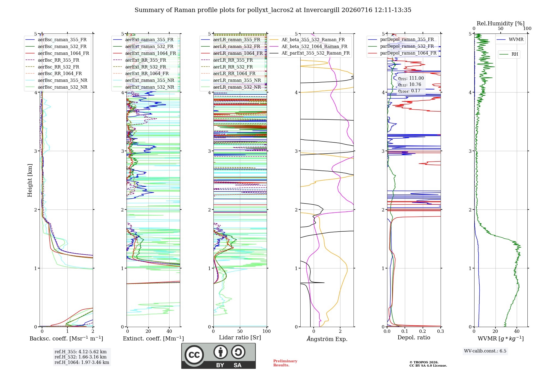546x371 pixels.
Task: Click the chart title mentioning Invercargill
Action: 273,10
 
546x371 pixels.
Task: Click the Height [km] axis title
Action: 30,180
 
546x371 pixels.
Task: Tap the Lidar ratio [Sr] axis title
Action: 240,337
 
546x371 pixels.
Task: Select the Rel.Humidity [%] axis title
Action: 501,23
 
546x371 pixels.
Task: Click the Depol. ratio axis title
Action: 414,337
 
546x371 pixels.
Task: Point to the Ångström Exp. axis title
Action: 327,339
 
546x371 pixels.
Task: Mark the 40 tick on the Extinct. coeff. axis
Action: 169,331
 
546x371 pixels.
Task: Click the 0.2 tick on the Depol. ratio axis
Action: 423,331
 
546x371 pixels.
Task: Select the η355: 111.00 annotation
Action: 411,78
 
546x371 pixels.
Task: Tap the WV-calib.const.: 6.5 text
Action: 485,351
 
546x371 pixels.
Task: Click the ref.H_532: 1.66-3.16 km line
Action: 81,357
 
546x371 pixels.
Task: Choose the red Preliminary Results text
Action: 285,363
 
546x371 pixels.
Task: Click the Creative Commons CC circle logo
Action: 194,355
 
